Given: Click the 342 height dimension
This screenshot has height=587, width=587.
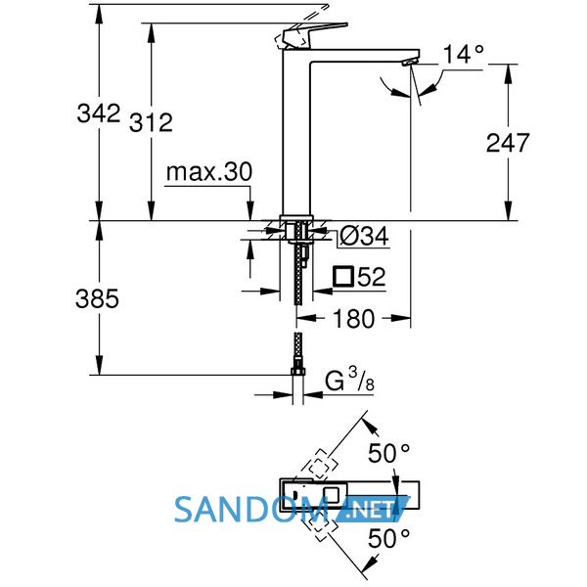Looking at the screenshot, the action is [98, 113].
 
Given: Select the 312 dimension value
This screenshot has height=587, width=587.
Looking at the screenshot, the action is [151, 122].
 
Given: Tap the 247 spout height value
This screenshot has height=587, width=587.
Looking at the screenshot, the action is [508, 143].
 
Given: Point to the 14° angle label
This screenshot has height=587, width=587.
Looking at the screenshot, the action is [464, 54].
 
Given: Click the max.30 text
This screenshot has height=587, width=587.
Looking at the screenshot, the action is [209, 172].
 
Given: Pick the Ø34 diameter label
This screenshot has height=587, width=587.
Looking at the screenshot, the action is [364, 237].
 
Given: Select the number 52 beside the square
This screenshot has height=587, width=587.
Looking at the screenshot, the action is [372, 277].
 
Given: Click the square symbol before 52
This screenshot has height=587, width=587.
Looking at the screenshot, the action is [343, 277].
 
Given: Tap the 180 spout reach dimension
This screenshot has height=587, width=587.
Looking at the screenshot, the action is [353, 319].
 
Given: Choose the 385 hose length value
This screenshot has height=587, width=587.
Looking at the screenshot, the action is [97, 298].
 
